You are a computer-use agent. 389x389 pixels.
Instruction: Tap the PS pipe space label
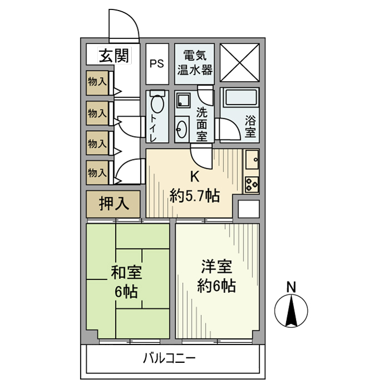tap(156, 63)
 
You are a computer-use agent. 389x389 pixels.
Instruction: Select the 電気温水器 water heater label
tap(194, 63)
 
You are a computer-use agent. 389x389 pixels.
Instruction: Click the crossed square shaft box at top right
tap(240, 62)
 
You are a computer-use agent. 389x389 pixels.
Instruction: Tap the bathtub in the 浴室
tap(239, 101)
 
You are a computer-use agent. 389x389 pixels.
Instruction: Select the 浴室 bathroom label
tap(251, 126)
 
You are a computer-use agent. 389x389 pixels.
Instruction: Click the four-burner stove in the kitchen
tap(252, 183)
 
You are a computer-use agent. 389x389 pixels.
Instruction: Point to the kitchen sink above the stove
tap(252, 161)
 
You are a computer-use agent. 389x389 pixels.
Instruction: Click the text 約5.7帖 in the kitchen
tap(194, 195)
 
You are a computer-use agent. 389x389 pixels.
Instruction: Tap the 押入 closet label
tap(114, 204)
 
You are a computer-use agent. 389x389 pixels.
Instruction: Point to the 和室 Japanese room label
tap(127, 273)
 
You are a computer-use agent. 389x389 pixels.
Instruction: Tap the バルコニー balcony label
tap(169, 358)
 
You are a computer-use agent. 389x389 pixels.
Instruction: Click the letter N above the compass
tap(291, 287)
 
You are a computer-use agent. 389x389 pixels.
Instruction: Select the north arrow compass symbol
tap(291, 312)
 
